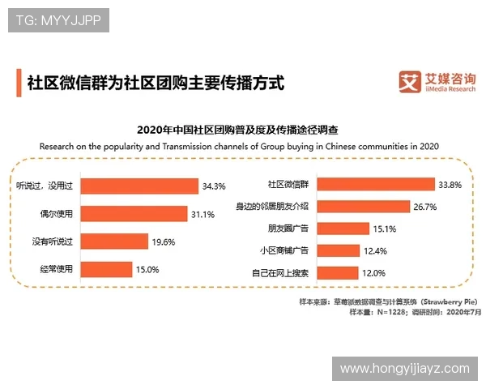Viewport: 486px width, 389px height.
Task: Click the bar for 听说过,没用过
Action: click(140, 186)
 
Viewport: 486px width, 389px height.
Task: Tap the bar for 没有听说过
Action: click(114, 242)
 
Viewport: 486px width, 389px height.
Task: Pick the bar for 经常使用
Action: click(106, 269)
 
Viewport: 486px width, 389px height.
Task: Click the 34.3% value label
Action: click(214, 186)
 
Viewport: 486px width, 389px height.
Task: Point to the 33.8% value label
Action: click(450, 185)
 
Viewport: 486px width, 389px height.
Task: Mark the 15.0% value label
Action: click(147, 269)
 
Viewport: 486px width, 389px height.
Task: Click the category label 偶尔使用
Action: click(55, 214)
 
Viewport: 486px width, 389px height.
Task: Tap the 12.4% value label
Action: click(375, 250)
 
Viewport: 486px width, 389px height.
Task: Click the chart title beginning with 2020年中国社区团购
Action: click(237, 130)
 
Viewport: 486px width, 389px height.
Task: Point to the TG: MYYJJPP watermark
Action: click(58, 21)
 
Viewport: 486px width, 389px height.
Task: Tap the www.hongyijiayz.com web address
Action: click(404, 369)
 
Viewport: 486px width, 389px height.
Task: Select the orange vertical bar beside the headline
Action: click(18, 83)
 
